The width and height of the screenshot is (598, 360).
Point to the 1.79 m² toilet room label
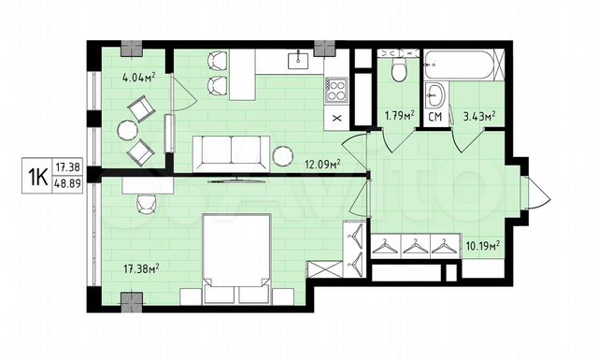tap(398, 117)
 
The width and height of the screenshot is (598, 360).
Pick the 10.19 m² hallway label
tap(483, 246)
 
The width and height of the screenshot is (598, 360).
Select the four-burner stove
tap(336, 92)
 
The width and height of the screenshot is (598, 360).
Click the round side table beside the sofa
tap(283, 154)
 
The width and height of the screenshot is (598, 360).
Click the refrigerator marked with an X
tap(336, 118)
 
